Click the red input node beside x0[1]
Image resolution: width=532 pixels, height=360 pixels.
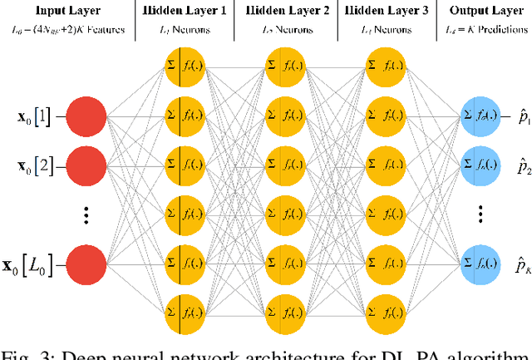click(85, 117)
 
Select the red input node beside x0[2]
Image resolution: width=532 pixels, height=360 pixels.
click(85, 165)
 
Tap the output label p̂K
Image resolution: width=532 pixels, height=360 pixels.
click(520, 266)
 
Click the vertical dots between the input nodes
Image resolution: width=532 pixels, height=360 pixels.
click(85, 215)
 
